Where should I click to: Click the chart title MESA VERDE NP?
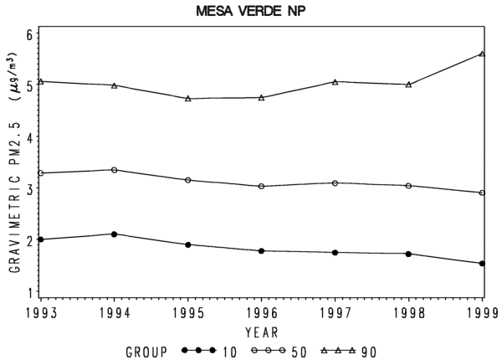tap(251, 12)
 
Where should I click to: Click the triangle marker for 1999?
tap(482, 54)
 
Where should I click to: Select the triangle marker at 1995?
tap(188, 98)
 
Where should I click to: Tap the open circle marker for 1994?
tap(115, 170)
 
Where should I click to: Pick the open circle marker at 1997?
tap(336, 183)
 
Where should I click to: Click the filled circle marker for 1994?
tap(115, 234)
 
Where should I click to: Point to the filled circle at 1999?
tap(482, 264)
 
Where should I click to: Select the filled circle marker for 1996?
tap(262, 251)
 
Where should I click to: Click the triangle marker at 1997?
tap(336, 82)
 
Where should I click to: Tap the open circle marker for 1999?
tap(482, 193)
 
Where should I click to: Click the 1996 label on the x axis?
tap(262, 313)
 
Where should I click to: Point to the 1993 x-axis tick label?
tap(41, 313)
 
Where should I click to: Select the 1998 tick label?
tap(409, 313)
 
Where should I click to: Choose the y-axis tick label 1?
tap(30, 292)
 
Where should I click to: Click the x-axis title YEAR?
tap(262, 332)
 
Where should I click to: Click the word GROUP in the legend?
tap(146, 352)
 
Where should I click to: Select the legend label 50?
tap(299, 352)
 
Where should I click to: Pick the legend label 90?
tap(369, 352)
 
